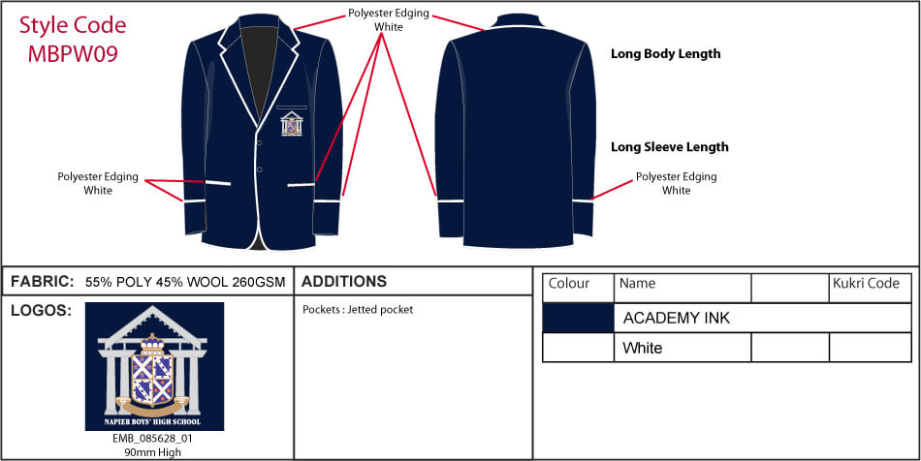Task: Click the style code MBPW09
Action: tap(73, 54)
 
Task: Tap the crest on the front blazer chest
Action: tap(292, 124)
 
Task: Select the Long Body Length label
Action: tap(665, 54)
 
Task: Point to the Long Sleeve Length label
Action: tap(670, 146)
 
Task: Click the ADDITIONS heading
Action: tap(344, 282)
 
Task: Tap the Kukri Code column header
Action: tap(867, 284)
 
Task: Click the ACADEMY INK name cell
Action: tap(676, 318)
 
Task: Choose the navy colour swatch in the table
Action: tap(578, 318)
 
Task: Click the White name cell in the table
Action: tap(642, 348)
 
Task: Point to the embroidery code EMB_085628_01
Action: tap(153, 439)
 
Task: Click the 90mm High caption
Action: tap(153, 452)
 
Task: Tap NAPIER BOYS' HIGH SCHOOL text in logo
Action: tap(153, 421)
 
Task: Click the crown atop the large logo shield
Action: tap(153, 343)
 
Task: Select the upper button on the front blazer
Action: tap(259, 142)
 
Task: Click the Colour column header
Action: tap(568, 284)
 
